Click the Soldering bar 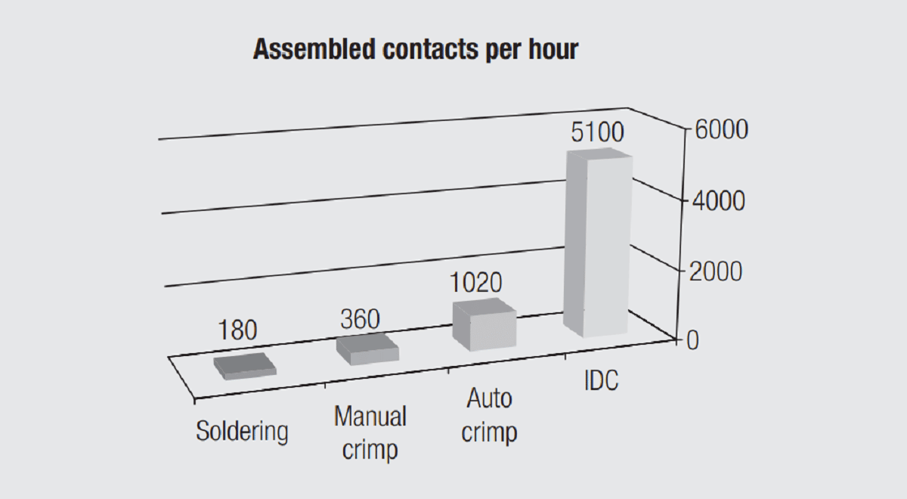(x=244, y=366)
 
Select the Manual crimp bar (x=367, y=349)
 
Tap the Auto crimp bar (x=484, y=325)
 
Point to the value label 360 (x=359, y=319)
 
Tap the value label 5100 (x=597, y=133)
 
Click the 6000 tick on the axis (x=718, y=130)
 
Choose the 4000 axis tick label (x=718, y=201)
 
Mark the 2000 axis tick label (x=718, y=271)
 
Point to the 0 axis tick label (x=692, y=341)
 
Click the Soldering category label (x=242, y=432)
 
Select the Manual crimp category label (x=370, y=433)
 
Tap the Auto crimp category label (x=489, y=415)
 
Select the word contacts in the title (x=421, y=50)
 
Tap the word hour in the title (x=549, y=50)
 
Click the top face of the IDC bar (x=599, y=154)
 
